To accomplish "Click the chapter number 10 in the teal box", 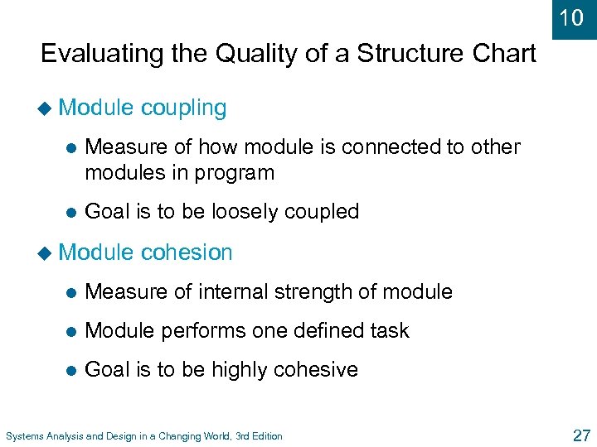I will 571,17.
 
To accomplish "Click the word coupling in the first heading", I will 183,108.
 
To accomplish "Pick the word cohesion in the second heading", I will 187,252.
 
